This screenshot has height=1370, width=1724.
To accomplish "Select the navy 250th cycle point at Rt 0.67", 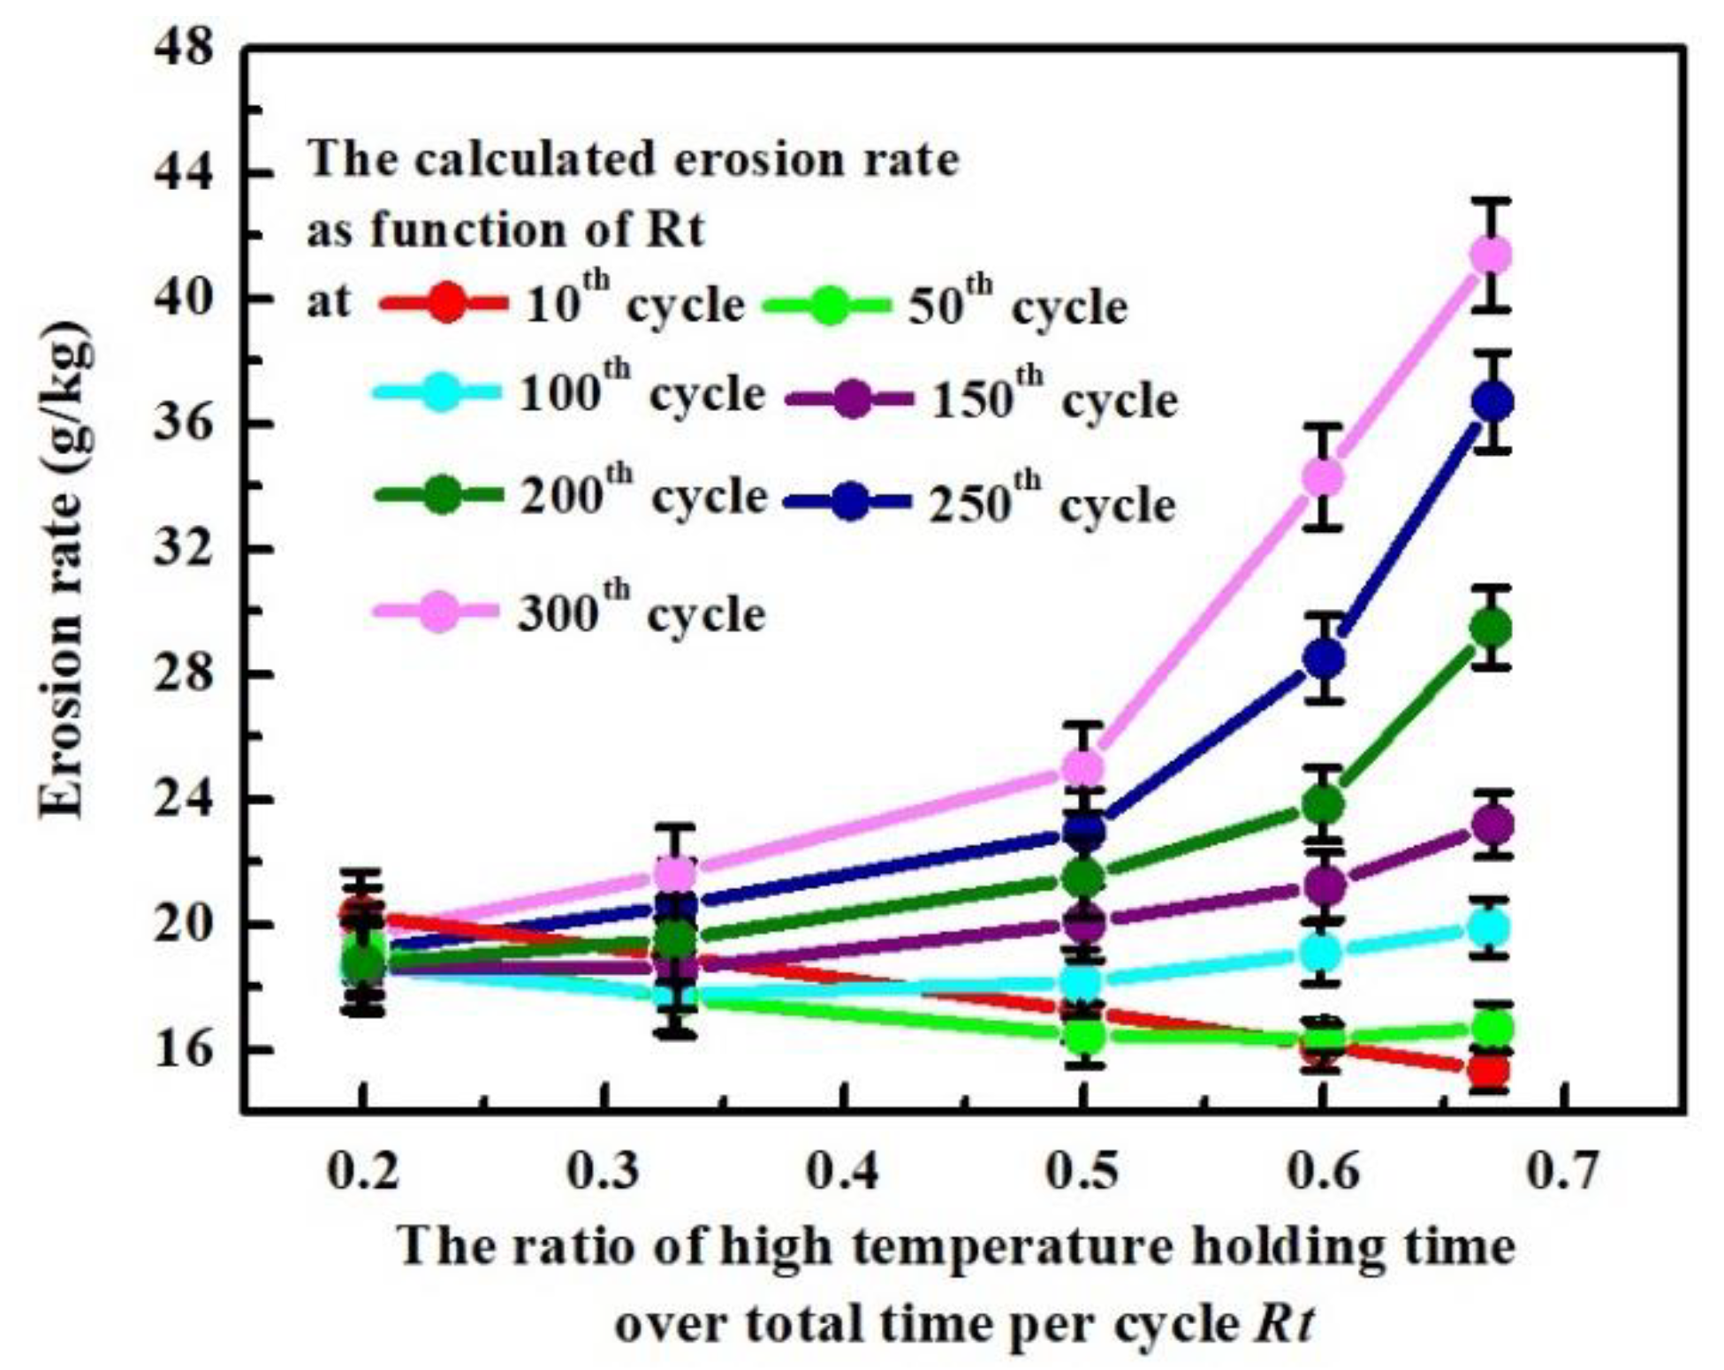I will coord(1492,402).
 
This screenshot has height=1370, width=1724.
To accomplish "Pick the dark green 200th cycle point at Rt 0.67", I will coord(1491,628).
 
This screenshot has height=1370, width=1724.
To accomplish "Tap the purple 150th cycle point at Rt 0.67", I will coord(1491,826).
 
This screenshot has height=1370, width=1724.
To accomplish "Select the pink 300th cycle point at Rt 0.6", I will coord(1322,477).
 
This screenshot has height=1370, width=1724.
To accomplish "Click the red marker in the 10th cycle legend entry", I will coord(448,305).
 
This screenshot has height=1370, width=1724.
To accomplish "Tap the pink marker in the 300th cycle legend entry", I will coord(439,612).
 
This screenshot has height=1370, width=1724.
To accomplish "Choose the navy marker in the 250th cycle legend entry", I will coord(850,503).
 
